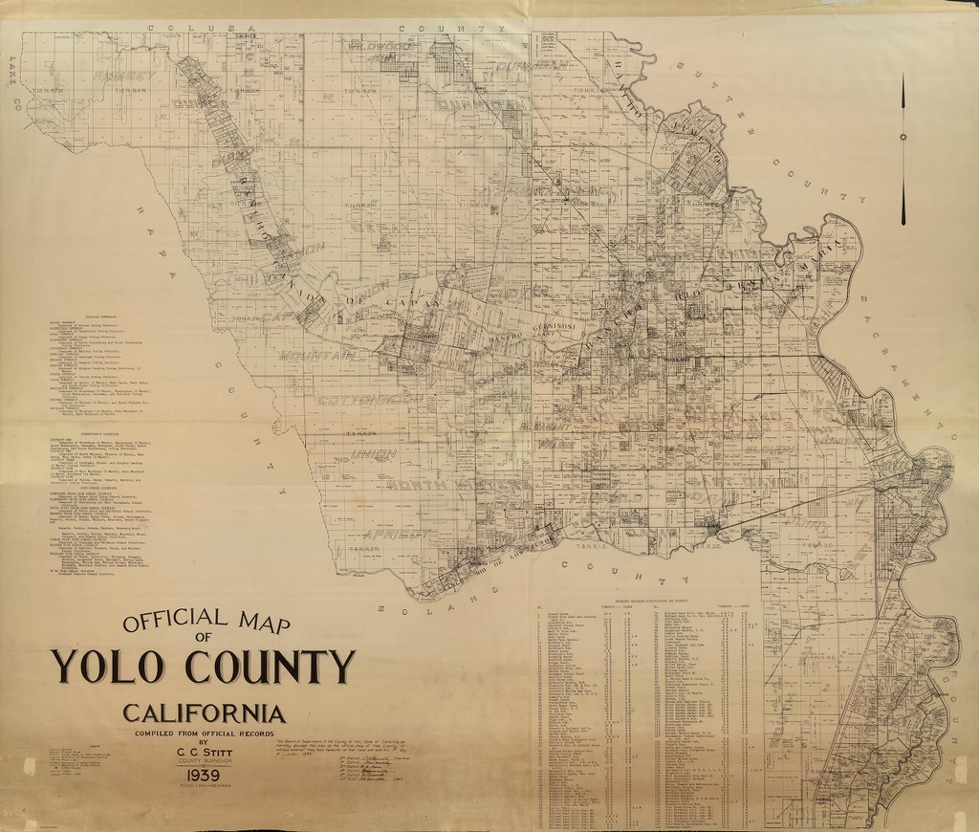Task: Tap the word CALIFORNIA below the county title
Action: point(204,713)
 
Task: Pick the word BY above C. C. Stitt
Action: point(203,742)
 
